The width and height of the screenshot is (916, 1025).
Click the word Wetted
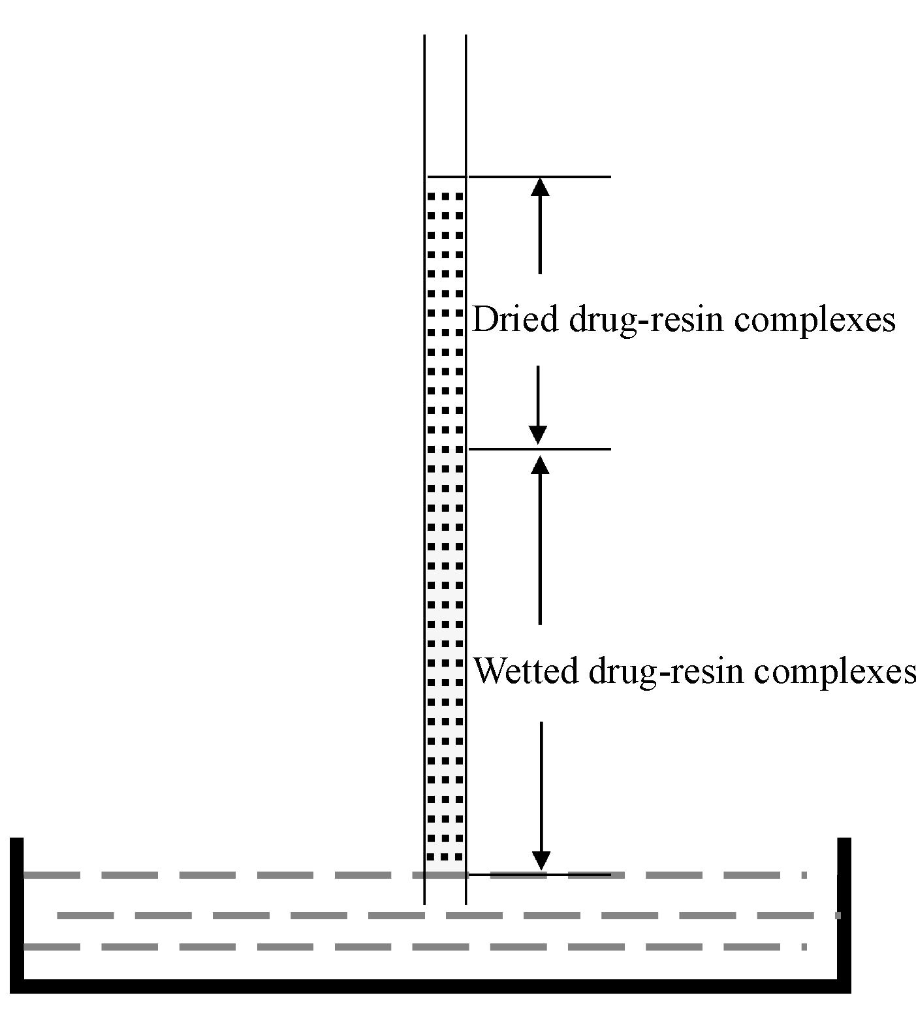point(526,671)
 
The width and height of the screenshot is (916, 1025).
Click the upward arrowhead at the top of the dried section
point(539,187)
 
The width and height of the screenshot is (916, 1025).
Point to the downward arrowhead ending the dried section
point(538,435)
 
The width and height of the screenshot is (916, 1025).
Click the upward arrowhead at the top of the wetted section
point(539,464)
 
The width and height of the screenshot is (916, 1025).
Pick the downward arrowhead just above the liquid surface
point(541,860)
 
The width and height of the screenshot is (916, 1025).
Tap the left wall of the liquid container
point(17,907)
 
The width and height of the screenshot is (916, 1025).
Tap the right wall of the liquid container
point(844,907)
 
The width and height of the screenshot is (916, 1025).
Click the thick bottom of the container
point(431,986)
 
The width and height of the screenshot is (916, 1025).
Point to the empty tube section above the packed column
point(445,104)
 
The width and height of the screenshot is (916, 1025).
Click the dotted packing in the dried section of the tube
point(445,313)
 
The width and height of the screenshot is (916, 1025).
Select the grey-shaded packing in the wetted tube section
point(445,653)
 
